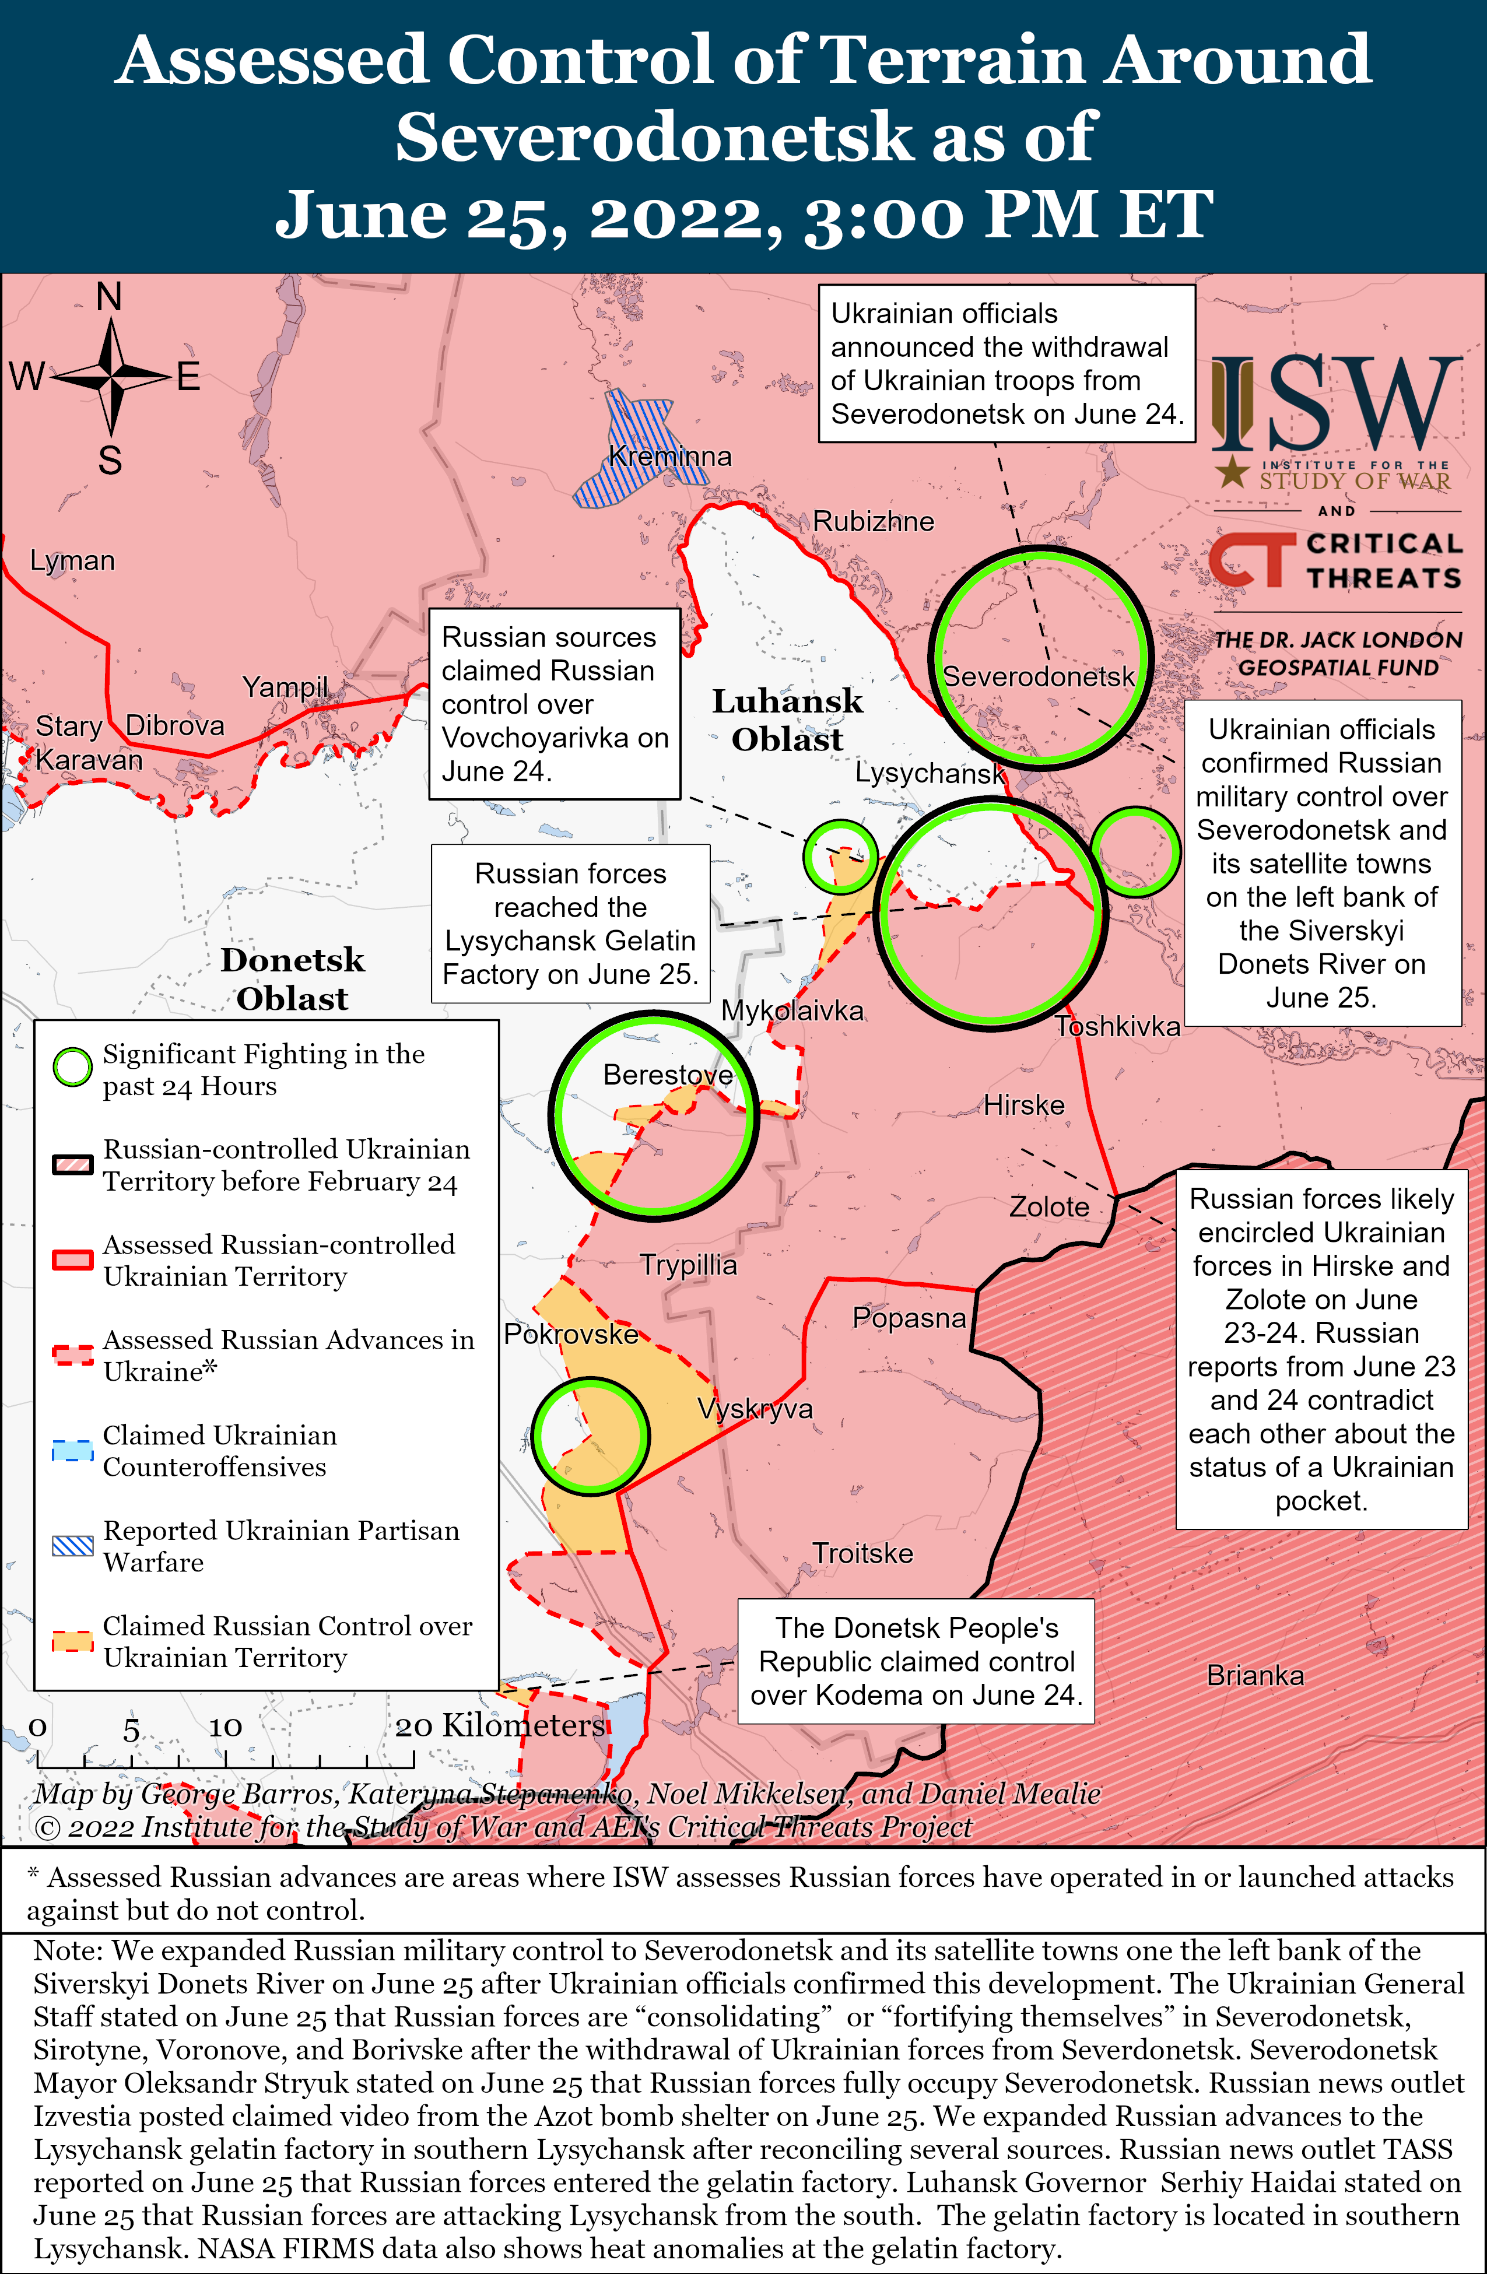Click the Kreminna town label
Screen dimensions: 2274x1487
click(670, 457)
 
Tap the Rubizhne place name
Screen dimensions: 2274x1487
click(872, 522)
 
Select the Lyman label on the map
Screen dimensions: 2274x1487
click(73, 561)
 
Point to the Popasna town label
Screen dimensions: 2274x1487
click(909, 1318)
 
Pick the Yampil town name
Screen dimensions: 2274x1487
click(285, 687)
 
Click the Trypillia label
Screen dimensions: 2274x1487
click(688, 1265)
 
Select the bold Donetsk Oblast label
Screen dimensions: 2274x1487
click(292, 980)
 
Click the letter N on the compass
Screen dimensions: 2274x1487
click(110, 297)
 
